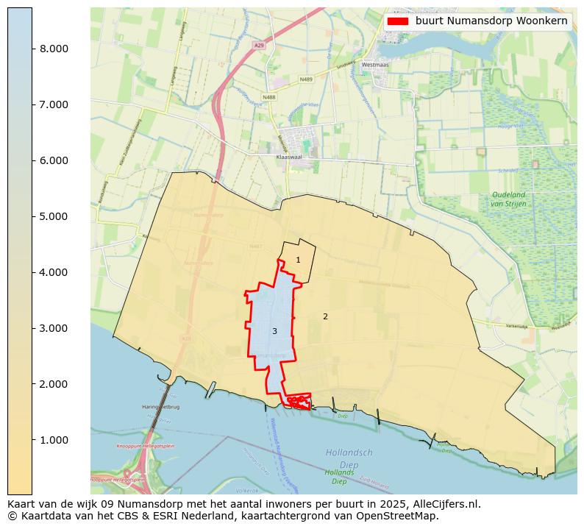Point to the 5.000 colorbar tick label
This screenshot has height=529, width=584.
pos(53,216)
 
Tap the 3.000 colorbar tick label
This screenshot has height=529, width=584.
pos(53,328)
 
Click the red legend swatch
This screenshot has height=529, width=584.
pos(398,21)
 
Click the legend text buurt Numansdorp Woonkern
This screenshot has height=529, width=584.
pos(491,21)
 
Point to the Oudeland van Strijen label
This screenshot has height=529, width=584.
pos(508,199)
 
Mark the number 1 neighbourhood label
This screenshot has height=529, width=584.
pos(298,260)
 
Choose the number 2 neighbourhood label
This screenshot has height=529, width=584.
pos(325,317)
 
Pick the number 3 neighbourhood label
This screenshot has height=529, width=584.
pos(274,332)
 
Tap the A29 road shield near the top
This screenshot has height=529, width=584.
pos(258,46)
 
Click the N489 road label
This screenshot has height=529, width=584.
pos(307,79)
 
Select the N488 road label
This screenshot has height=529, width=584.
pos(268,96)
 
